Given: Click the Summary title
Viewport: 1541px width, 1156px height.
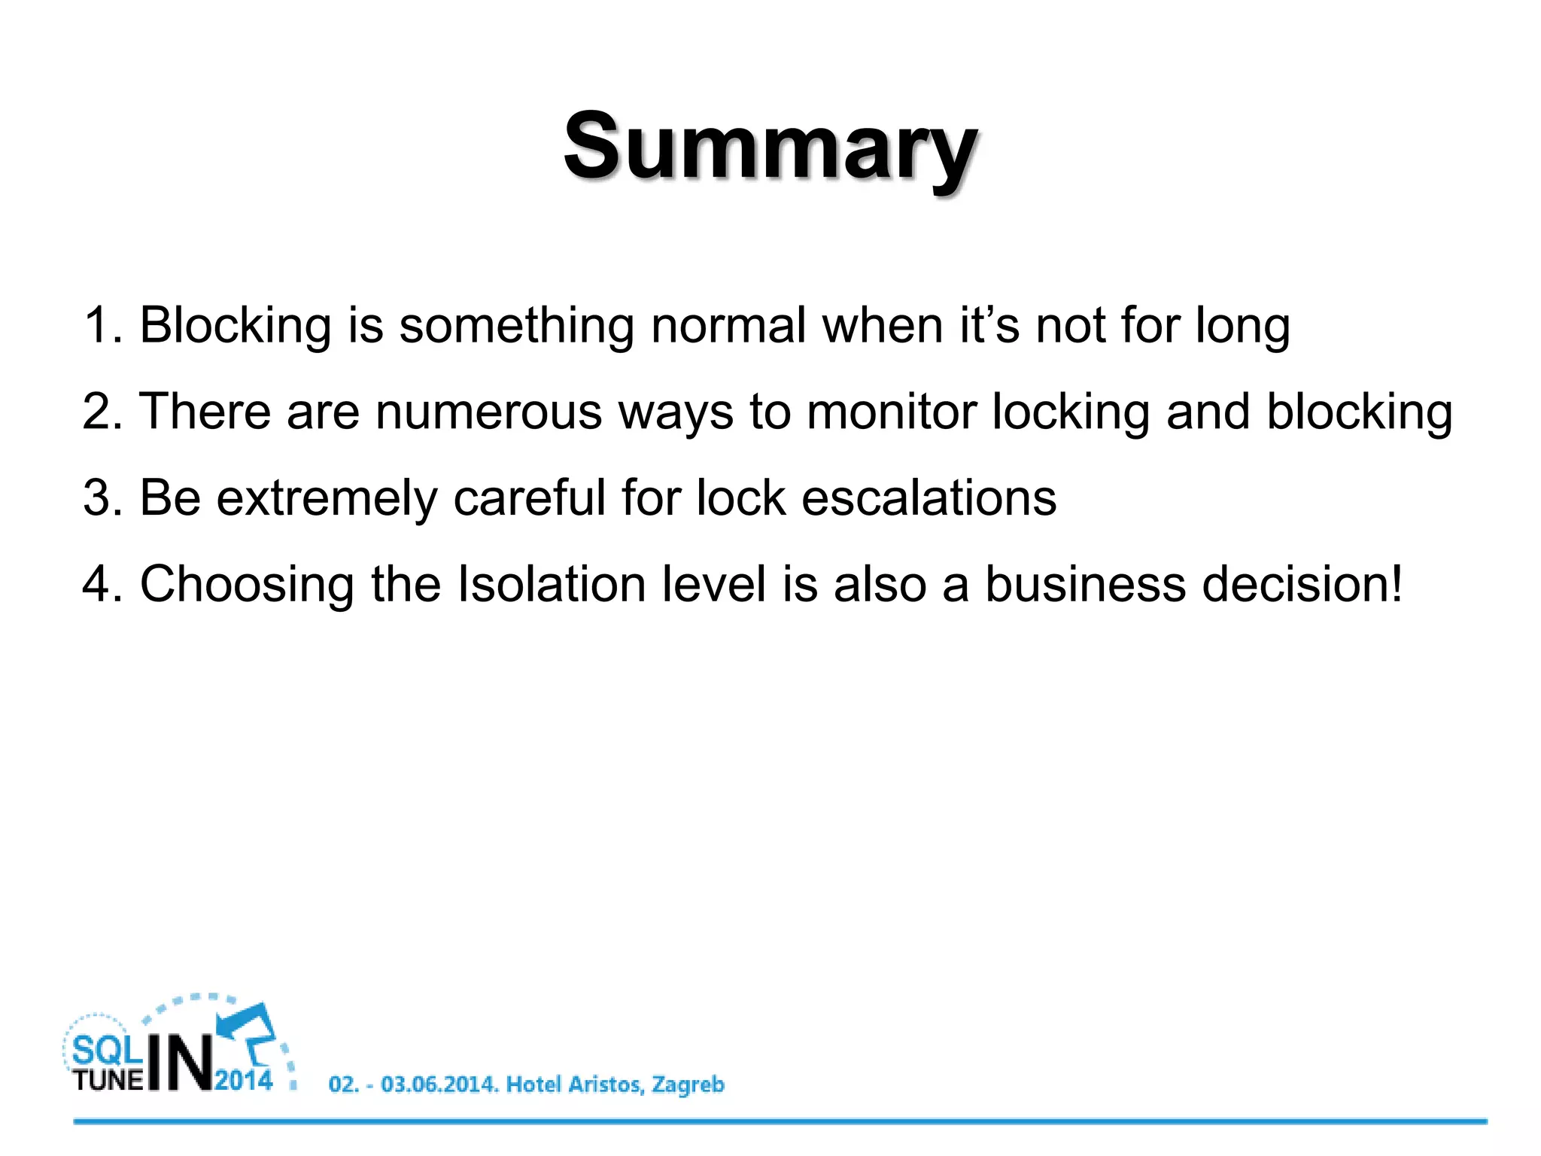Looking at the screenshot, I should point(770,147).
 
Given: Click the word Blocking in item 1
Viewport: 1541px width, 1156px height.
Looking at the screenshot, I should point(236,326).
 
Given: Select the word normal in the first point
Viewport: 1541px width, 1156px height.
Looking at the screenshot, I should point(728,326).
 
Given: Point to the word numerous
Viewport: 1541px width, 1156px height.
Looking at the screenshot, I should point(488,412).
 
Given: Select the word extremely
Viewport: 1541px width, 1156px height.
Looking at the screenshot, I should point(327,500).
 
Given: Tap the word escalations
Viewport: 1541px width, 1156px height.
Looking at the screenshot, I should point(929,498).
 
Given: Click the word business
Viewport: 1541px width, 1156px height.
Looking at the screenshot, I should point(1085,585).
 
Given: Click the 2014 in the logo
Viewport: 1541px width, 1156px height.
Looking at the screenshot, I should point(243,1081).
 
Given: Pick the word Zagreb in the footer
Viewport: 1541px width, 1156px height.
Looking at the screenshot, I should point(688,1085).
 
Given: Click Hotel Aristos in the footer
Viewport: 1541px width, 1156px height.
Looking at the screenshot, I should point(574,1085).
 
